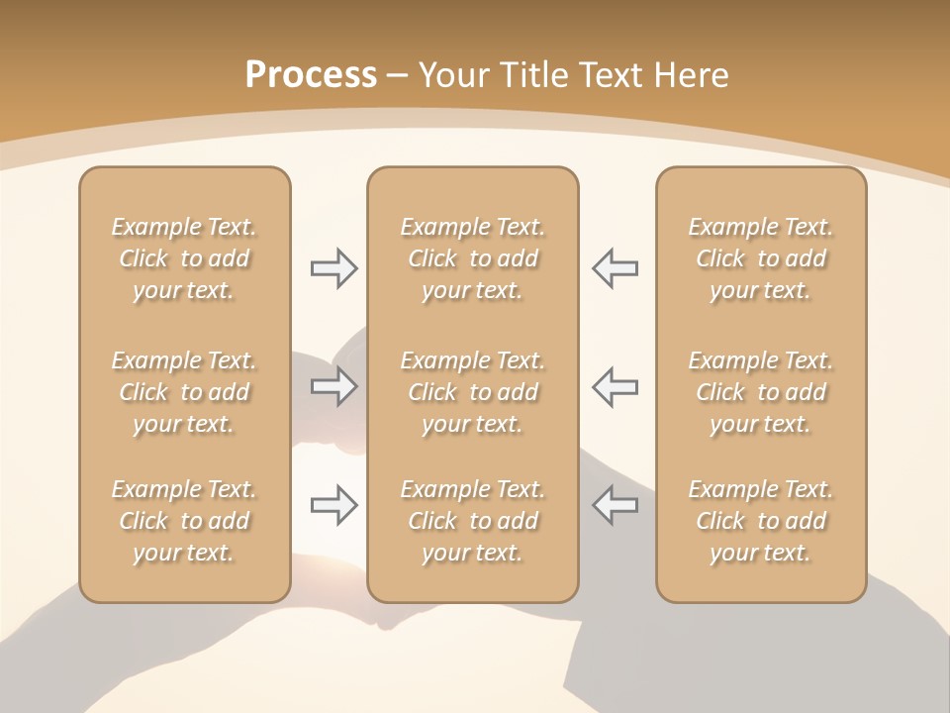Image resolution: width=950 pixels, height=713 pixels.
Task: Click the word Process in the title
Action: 311,75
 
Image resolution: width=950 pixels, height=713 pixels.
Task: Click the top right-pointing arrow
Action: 333,268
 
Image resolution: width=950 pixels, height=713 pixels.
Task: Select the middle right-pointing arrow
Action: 333,386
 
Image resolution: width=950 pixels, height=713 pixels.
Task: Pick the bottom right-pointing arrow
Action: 333,505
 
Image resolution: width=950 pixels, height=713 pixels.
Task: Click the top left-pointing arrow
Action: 616,268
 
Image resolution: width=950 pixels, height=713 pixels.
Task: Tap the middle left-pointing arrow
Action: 616,386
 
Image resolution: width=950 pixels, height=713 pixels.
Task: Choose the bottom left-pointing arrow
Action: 616,505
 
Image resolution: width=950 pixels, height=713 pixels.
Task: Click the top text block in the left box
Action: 184,258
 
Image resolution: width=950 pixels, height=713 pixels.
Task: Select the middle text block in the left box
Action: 184,392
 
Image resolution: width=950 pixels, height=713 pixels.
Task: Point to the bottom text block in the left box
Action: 184,521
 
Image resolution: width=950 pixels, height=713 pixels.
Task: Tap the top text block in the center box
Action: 473,258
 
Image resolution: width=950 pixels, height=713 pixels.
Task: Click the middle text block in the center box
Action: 473,392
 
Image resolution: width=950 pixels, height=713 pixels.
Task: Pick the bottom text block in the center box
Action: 473,521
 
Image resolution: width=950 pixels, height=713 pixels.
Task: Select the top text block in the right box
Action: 761,258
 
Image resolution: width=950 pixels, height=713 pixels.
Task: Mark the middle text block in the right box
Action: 761,392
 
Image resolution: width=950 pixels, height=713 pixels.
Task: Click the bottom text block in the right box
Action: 761,521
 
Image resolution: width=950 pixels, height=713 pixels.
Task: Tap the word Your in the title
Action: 452,75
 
